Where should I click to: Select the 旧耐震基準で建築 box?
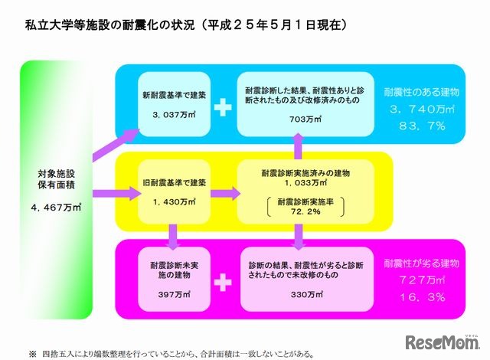(x=171, y=190)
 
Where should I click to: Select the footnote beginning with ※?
(x=162, y=354)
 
